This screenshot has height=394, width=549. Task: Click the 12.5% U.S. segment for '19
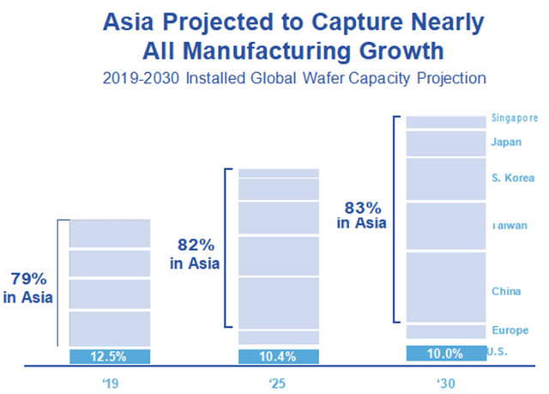click(x=109, y=356)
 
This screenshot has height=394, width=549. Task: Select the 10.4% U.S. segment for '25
click(x=278, y=356)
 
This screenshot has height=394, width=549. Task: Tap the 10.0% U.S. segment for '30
click(x=445, y=353)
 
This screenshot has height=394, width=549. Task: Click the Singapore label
click(x=515, y=118)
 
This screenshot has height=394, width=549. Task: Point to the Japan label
click(x=504, y=142)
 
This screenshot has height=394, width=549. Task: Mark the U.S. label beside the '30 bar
click(x=498, y=351)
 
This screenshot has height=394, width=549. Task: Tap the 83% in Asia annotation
click(x=361, y=215)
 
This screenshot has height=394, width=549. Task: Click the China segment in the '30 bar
click(x=445, y=287)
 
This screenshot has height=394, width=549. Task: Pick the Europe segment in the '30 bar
click(x=445, y=331)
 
